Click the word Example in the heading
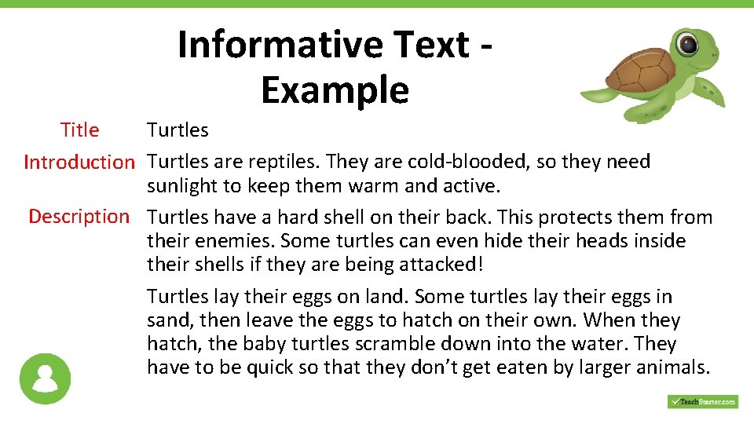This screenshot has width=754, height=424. (x=335, y=90)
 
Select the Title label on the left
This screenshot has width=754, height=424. (x=80, y=130)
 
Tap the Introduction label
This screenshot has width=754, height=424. (x=79, y=163)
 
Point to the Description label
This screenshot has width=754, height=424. (x=79, y=217)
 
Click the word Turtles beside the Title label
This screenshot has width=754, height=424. (x=178, y=130)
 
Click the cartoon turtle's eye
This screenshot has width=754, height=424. (x=688, y=44)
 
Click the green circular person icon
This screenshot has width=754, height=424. (x=46, y=378)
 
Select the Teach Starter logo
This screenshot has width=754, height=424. (x=702, y=401)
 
